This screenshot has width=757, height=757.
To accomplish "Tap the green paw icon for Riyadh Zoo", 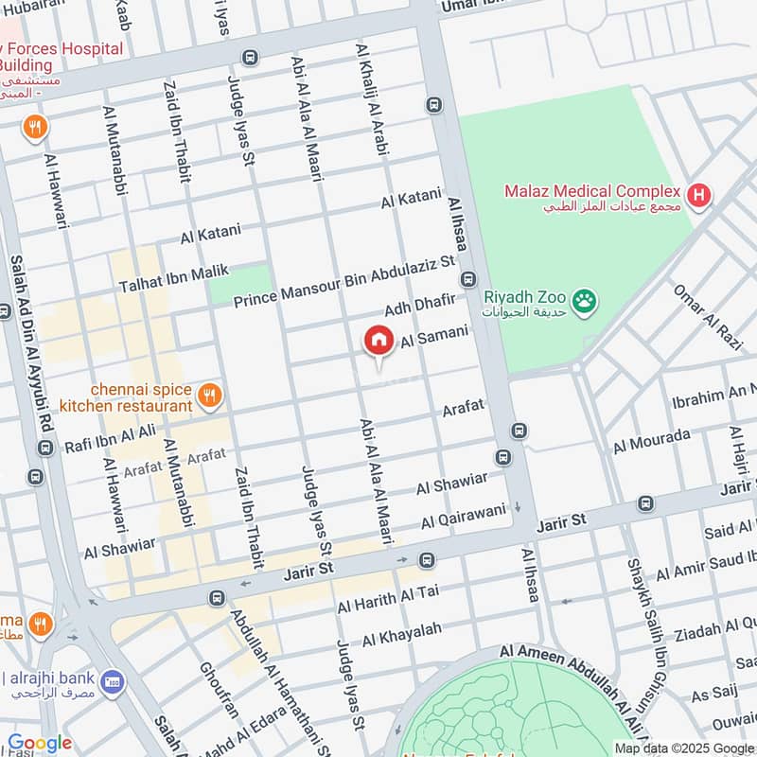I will pos(587,301).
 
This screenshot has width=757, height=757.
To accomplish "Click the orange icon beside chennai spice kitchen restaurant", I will pos(210,396).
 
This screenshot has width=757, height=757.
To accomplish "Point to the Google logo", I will pos(40,744).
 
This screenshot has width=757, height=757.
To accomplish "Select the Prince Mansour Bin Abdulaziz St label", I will pos(344,281).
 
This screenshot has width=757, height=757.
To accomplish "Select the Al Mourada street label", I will pos(652,440).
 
